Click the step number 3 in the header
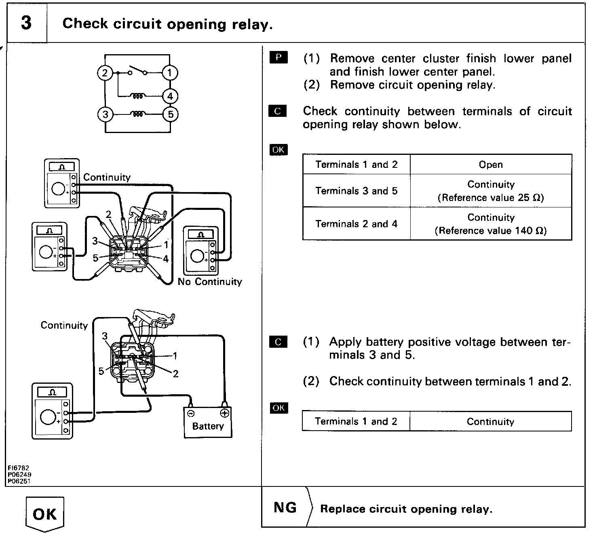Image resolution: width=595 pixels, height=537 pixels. pyautogui.click(x=26, y=23)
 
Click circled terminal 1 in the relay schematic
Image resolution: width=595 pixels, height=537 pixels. pyautogui.click(x=170, y=73)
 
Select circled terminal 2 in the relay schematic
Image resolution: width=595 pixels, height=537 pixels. pyautogui.click(x=105, y=73)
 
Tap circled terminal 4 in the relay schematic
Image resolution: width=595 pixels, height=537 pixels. pyautogui.click(x=170, y=96)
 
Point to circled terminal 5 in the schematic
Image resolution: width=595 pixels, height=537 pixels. pyautogui.click(x=170, y=114)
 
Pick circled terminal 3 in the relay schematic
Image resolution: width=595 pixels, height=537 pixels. pyautogui.click(x=105, y=114)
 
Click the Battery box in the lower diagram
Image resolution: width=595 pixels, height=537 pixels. pyautogui.click(x=208, y=423)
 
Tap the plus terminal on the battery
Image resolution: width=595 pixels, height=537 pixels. pyautogui.click(x=224, y=413)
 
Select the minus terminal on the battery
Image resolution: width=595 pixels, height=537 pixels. pyautogui.click(x=191, y=413)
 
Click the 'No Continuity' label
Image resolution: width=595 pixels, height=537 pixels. pyautogui.click(x=210, y=282)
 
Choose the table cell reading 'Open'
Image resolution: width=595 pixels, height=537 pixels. pyautogui.click(x=491, y=165)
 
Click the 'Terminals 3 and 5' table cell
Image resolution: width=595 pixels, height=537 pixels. pyautogui.click(x=356, y=191)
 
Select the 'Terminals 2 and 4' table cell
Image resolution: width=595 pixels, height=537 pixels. pyautogui.click(x=356, y=224)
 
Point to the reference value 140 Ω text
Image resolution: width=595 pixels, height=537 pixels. pyautogui.click(x=491, y=231)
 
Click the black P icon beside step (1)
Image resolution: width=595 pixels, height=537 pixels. pyautogui.click(x=278, y=57)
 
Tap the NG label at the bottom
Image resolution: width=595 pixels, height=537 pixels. pyautogui.click(x=285, y=508)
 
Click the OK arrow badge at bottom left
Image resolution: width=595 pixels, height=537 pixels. pyautogui.click(x=45, y=514)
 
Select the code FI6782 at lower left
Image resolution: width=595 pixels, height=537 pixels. pyautogui.click(x=19, y=468)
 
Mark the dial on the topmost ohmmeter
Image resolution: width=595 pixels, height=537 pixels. pyautogui.click(x=59, y=189)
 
